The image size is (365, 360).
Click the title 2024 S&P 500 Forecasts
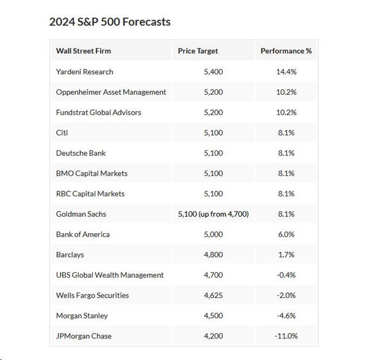click(110, 22)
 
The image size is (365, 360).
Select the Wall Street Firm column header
click(83, 51)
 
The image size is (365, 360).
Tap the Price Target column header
click(198, 51)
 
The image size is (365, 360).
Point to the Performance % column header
click(286, 51)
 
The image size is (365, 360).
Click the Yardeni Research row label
click(85, 71)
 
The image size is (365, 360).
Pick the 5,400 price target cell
click(213, 71)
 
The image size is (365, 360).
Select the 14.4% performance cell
click(286, 71)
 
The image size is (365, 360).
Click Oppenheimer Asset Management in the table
click(111, 92)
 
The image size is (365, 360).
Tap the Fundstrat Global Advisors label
click(98, 112)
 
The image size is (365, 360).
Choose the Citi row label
click(62, 133)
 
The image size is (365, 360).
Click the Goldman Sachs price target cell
click(213, 214)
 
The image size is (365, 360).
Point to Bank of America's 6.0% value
click(286, 234)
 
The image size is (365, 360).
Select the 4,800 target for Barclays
click(213, 255)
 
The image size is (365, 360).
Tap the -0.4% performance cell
click(286, 275)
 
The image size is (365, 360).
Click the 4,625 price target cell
click(213, 295)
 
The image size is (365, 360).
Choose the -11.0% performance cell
click(286, 336)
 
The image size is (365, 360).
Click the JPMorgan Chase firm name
click(84, 336)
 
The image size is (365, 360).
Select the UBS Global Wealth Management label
click(110, 275)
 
